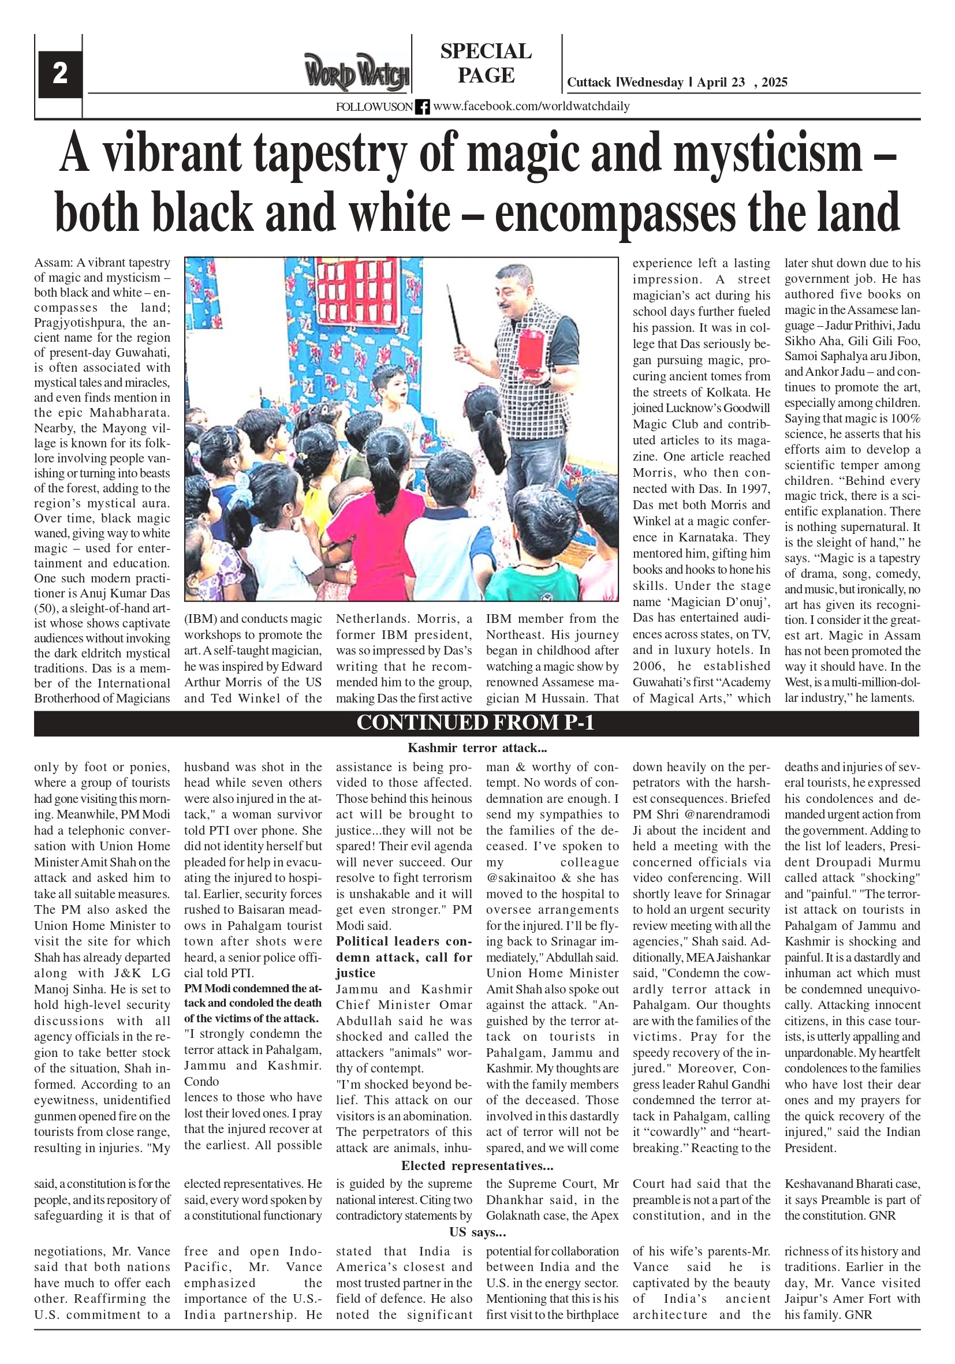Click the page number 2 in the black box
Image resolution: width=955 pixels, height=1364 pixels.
point(59,74)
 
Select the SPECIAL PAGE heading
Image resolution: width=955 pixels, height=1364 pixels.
point(486,63)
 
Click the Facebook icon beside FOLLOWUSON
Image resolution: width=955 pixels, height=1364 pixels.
point(422,107)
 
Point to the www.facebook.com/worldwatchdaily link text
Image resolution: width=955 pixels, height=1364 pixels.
point(531,106)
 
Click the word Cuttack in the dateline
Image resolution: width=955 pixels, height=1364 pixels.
point(588,83)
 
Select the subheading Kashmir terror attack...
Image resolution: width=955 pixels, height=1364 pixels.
point(476,748)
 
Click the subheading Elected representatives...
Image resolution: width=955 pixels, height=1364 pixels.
point(476,1165)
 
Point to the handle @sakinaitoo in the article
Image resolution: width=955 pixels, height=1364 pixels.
point(513,878)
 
